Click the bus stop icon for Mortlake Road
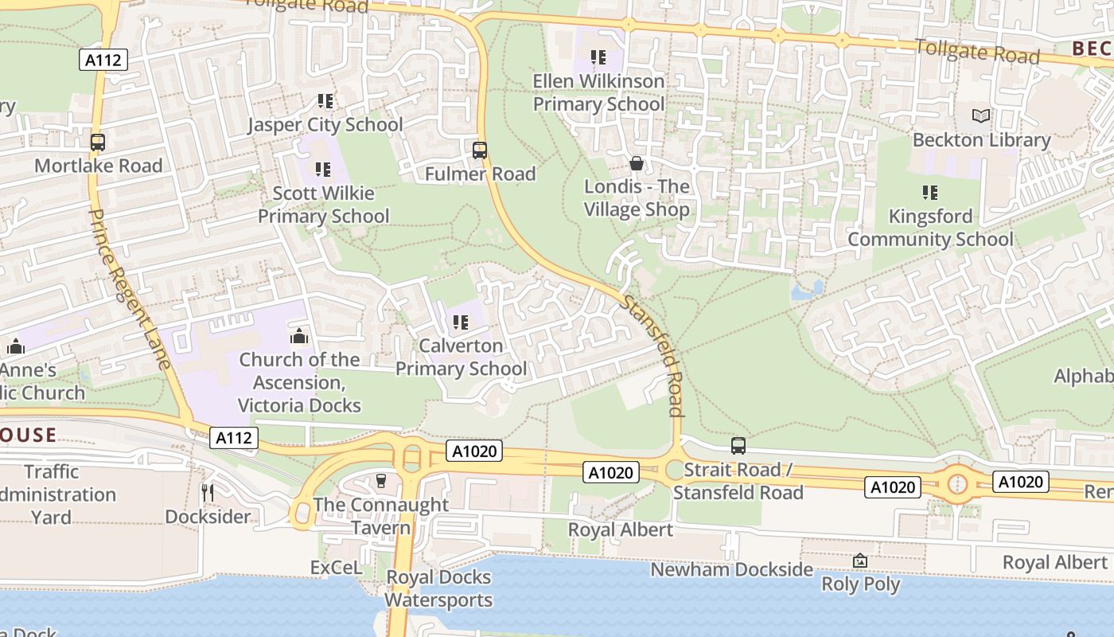98,143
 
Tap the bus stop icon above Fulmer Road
479,150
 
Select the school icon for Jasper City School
325,101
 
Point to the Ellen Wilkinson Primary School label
598,92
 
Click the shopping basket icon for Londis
637,163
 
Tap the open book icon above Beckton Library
981,116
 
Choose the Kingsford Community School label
930,228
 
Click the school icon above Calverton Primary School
460,322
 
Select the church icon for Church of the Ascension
299,336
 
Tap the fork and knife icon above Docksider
208,492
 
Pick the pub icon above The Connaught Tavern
380,480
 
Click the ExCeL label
336,568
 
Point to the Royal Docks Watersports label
438,588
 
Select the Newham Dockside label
731,569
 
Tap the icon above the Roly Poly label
859,561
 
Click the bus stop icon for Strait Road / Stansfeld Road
738,446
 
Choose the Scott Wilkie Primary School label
323,205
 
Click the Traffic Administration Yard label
53,494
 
